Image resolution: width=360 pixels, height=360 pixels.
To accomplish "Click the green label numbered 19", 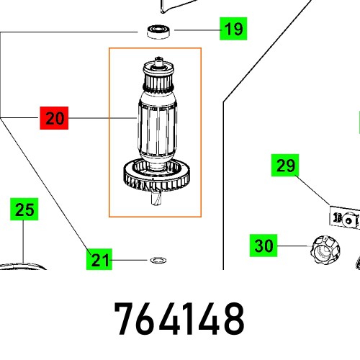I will (233, 30).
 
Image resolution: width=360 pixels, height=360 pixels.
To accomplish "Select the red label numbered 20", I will (54, 118).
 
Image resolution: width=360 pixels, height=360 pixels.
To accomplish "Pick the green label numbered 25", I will (24, 210).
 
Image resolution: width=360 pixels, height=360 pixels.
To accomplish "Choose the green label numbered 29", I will (285, 166).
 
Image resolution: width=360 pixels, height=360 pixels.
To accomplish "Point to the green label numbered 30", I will (264, 246).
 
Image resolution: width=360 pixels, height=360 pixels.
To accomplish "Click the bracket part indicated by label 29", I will (343, 217).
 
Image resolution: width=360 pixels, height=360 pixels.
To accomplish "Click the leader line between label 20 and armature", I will (101, 118).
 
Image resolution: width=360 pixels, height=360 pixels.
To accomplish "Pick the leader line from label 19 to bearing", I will (192, 30).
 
